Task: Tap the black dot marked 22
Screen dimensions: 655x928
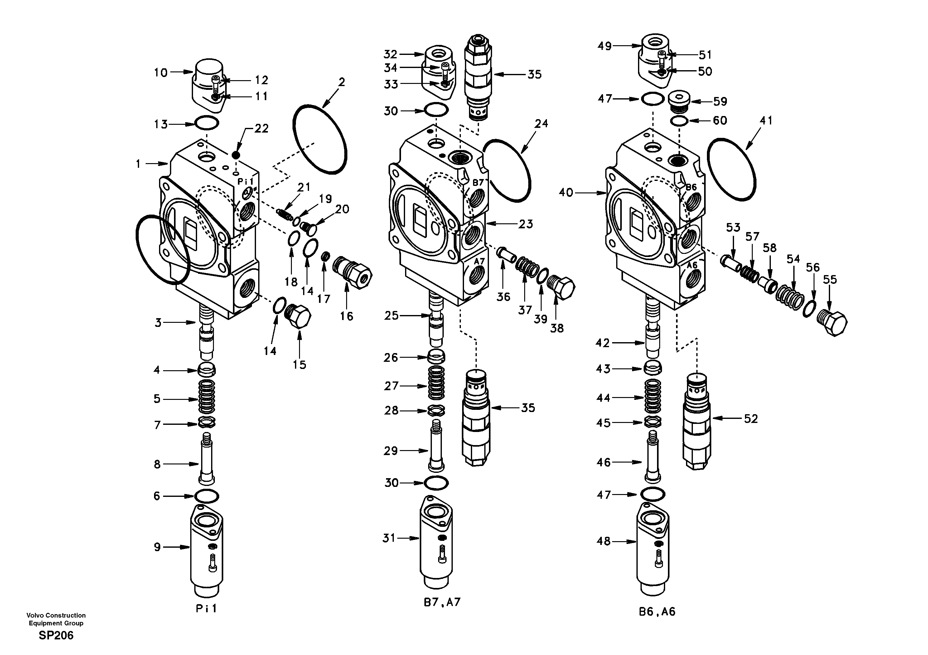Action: [236, 155]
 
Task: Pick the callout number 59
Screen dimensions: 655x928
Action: [720, 101]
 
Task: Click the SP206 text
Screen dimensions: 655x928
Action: [56, 636]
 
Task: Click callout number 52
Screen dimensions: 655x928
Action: [751, 419]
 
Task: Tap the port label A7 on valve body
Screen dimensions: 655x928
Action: [479, 262]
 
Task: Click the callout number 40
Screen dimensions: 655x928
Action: [566, 193]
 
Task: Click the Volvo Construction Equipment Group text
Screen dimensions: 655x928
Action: [56, 619]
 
